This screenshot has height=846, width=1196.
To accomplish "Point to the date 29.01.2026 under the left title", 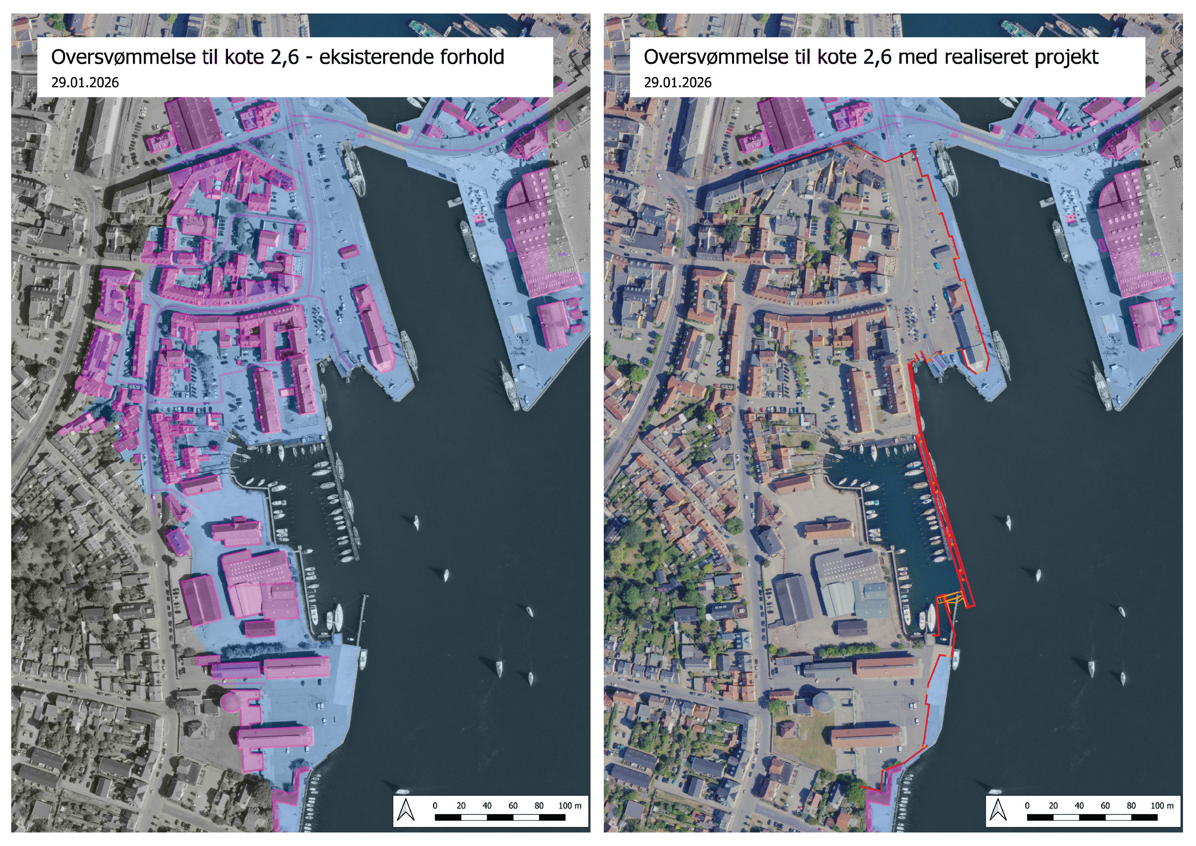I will click(85, 83).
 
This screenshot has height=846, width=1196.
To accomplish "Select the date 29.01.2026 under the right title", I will click(678, 83).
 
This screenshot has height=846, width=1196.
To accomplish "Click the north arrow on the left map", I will click(406, 809).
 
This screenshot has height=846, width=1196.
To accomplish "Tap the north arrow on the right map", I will click(999, 809).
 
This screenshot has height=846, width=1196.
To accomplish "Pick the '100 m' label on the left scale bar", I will click(570, 805).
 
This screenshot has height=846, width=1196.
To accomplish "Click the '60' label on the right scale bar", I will click(1105, 805).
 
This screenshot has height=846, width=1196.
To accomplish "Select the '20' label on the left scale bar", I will click(461, 805).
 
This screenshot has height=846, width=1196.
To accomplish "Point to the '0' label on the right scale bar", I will click(1027, 805).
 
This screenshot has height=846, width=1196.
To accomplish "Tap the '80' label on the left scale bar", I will click(539, 805).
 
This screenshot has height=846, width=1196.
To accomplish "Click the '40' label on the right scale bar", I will click(1079, 805).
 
